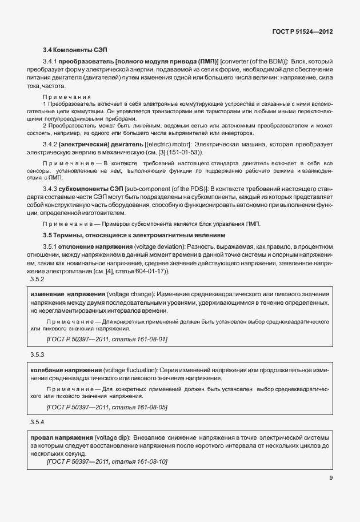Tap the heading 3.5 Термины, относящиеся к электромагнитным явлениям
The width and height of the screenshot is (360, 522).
pyautogui.click(x=134, y=235)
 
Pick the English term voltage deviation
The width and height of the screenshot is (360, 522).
pyautogui.click(x=158, y=246)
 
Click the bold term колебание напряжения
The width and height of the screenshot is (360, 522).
pyautogui.click(x=63, y=369)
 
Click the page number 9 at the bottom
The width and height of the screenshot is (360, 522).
pyautogui.click(x=331, y=478)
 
